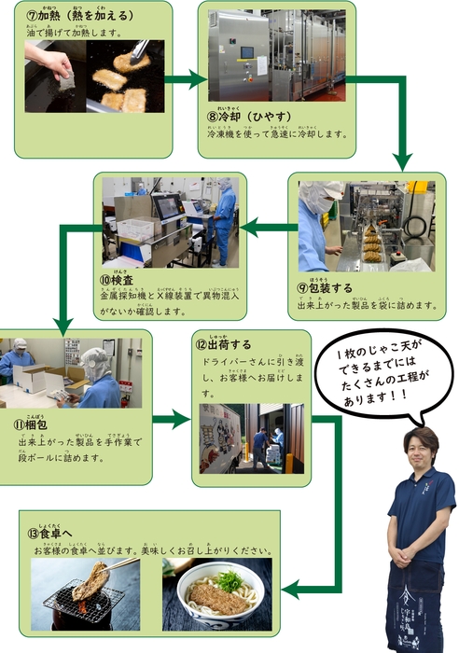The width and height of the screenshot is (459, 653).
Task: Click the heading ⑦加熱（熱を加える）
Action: [x=78, y=16]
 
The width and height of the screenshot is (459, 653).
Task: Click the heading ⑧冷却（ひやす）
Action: [x=245, y=115]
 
